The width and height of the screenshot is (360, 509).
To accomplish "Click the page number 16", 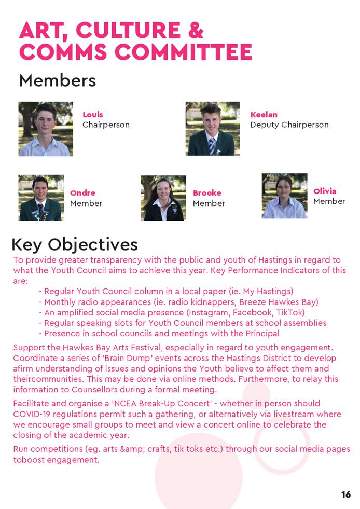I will tap(346, 494).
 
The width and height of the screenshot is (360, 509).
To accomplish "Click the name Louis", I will tap(93, 115).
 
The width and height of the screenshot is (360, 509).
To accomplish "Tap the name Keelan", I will tap(264, 115).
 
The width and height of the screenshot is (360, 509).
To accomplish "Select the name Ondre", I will tap(82, 193).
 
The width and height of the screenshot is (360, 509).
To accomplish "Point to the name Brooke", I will tap(207, 193).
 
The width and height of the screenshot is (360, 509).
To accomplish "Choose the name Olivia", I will tap(325, 191).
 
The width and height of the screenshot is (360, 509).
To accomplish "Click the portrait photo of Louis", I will tap(46, 129).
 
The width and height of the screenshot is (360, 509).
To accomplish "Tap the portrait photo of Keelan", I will tap(213, 129).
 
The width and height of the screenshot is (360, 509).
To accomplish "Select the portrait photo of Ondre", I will tap(41, 198).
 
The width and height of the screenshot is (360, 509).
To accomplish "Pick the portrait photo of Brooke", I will tap(163, 198).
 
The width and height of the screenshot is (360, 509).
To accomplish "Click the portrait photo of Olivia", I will tap(284, 196).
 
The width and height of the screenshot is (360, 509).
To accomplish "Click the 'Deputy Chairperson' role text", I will tap(289, 125).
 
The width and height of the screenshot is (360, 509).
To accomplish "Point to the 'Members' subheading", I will tap(57, 80).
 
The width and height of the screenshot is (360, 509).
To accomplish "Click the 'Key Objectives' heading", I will tap(75, 244).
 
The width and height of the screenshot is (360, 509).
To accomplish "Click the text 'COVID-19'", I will tap(33, 414).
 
